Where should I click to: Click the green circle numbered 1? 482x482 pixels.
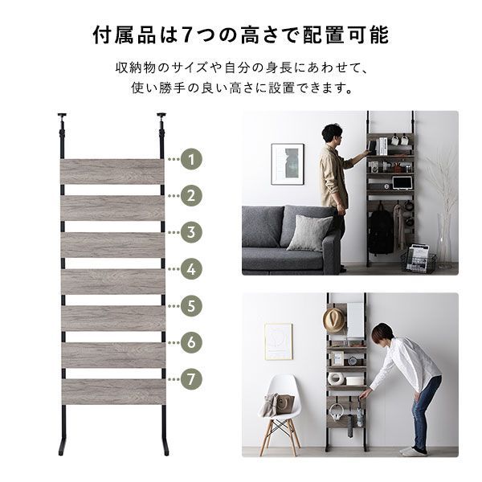[x=191, y=159]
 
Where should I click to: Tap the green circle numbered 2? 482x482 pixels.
[x=191, y=195]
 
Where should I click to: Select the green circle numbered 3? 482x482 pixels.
[x=191, y=232]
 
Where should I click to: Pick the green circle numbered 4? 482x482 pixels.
[x=191, y=269]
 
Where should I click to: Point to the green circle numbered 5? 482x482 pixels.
[x=191, y=305]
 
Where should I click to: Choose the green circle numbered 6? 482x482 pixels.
[x=191, y=342]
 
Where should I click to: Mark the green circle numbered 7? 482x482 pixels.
[x=191, y=378]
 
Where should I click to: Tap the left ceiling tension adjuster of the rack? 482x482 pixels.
[x=62, y=121]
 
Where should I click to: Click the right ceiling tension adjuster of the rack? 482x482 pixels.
[x=162, y=121]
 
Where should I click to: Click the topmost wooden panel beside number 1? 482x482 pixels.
[x=112, y=171]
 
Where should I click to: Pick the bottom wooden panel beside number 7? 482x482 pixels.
[x=112, y=391]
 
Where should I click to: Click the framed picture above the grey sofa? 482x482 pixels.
[x=287, y=164]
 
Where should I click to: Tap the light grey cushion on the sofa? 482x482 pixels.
[x=308, y=233]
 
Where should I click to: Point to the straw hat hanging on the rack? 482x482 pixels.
[x=333, y=320]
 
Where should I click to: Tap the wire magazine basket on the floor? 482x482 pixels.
[x=419, y=259]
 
